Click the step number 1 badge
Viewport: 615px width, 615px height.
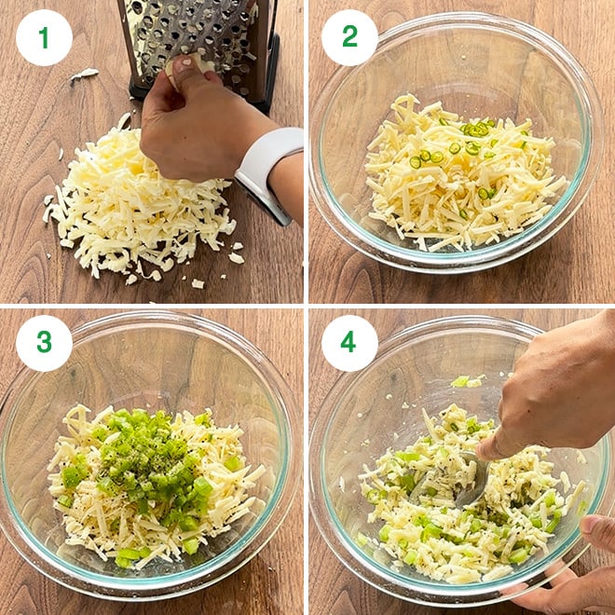pos(44,38)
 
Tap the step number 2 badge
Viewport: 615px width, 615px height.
pos(349,38)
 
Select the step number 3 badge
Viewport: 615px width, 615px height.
pos(44,342)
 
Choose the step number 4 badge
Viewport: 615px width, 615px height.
pos(349,342)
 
